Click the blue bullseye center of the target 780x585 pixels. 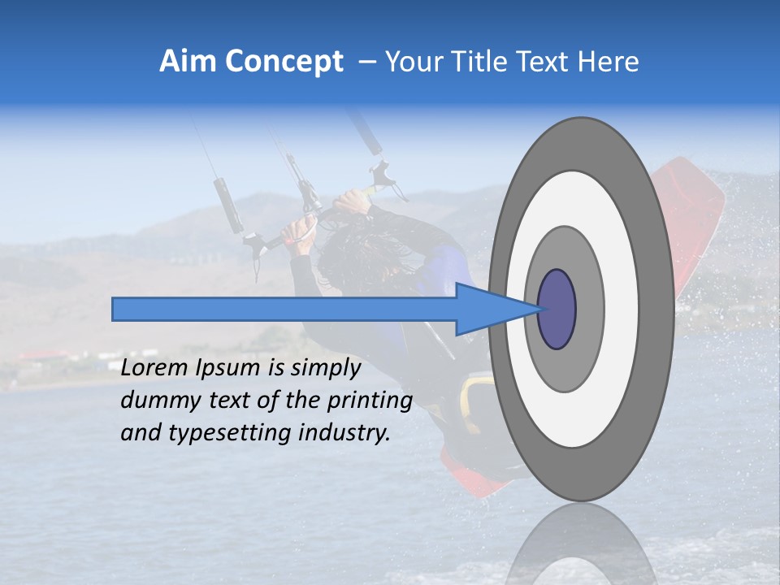[x=557, y=310]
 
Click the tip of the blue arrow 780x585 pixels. [x=539, y=310]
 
